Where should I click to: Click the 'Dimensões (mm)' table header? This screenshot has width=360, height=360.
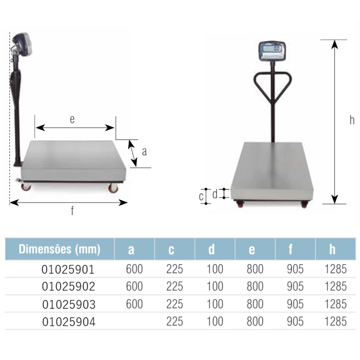point(59,249)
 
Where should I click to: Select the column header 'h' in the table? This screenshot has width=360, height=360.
point(332,249)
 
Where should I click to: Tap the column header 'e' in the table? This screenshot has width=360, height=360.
point(252,250)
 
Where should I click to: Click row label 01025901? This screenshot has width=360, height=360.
point(68,269)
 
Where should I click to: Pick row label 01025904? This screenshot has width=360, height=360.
point(69,322)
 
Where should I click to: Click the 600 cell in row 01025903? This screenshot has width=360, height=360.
point(134,304)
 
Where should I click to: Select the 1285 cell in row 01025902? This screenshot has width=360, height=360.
point(335,287)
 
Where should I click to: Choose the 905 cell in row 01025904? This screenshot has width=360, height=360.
point(295,321)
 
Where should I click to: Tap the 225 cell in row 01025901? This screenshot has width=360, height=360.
point(175,269)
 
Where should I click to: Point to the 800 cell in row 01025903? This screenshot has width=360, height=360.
point(255,304)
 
